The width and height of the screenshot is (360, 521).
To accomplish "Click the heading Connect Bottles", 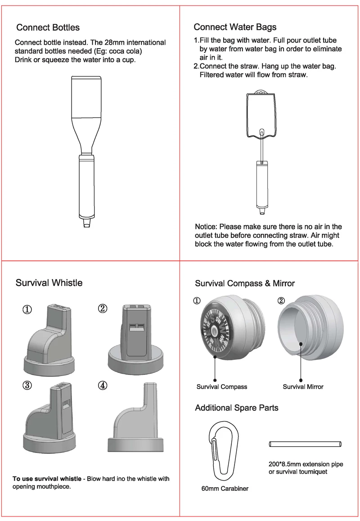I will click(48, 27).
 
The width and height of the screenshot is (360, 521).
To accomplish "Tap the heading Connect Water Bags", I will click(235, 27).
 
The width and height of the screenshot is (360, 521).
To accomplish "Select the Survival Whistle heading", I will click(49, 283).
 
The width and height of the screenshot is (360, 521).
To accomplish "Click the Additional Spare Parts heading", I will click(236, 408).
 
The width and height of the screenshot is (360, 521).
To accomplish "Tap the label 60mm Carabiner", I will click(225, 489).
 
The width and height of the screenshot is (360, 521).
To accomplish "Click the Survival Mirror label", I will click(303, 387).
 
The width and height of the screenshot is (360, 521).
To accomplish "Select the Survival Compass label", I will click(222, 387).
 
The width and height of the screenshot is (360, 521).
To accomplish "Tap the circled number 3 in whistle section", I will click(27, 385).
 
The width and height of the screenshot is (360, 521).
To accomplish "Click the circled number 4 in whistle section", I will click(103, 385).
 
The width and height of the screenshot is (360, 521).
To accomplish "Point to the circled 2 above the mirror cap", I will click(281, 301).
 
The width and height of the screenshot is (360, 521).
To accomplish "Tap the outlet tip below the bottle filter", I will click(87, 223).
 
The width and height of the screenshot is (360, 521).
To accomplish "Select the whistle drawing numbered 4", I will click(135, 419).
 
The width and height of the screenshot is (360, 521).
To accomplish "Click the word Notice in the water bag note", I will click(206, 227).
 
